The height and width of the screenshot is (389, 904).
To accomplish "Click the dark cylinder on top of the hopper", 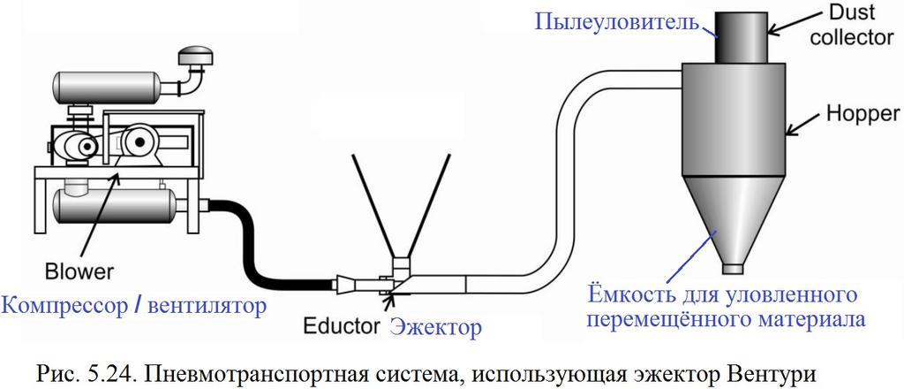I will pos(737,37).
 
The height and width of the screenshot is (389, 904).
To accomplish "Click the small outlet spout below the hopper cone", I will pos(733,268).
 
